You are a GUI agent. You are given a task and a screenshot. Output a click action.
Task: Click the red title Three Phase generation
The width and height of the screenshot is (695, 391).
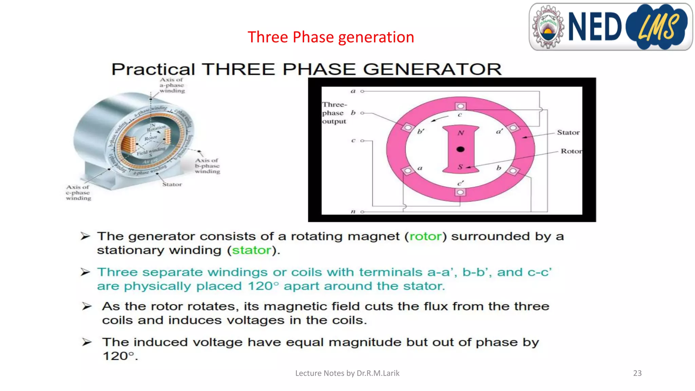click(331, 37)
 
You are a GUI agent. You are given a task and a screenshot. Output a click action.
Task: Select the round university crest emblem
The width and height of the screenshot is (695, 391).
click(547, 27)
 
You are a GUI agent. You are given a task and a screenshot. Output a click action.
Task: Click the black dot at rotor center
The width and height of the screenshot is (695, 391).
click(461, 149)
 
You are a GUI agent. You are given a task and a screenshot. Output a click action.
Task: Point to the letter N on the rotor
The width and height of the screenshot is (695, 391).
click(461, 133)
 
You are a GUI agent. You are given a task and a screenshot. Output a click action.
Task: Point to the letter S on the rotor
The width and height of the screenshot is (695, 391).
click(460, 167)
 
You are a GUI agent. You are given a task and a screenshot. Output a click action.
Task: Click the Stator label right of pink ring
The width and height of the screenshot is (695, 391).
click(568, 132)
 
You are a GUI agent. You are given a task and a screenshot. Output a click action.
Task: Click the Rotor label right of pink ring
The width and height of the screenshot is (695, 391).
click(571, 151)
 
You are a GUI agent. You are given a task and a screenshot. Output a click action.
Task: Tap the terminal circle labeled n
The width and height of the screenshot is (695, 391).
click(362, 212)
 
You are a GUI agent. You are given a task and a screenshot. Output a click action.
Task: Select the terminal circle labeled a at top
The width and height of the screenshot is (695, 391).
click(362, 91)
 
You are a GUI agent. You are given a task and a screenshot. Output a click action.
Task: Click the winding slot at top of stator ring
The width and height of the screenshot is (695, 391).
click(461, 106)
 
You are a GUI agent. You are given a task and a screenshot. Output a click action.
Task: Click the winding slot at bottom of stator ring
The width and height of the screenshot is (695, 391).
click(460, 192)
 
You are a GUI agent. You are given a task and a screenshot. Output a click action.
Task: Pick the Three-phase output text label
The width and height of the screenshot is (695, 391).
click(334, 113)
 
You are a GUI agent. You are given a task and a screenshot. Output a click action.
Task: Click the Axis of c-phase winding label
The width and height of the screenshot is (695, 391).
click(78, 192)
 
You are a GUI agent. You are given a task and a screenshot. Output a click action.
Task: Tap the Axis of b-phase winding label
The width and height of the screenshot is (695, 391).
click(207, 166)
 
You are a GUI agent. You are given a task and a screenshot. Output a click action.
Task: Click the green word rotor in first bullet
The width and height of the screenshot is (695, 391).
click(426, 236)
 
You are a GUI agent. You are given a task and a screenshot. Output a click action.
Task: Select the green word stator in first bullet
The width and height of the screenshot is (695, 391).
click(251, 250)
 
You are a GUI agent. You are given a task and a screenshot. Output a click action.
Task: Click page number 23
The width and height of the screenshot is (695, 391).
click(637, 373)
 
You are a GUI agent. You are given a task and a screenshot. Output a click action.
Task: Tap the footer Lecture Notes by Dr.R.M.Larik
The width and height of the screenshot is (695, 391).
click(347, 373)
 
